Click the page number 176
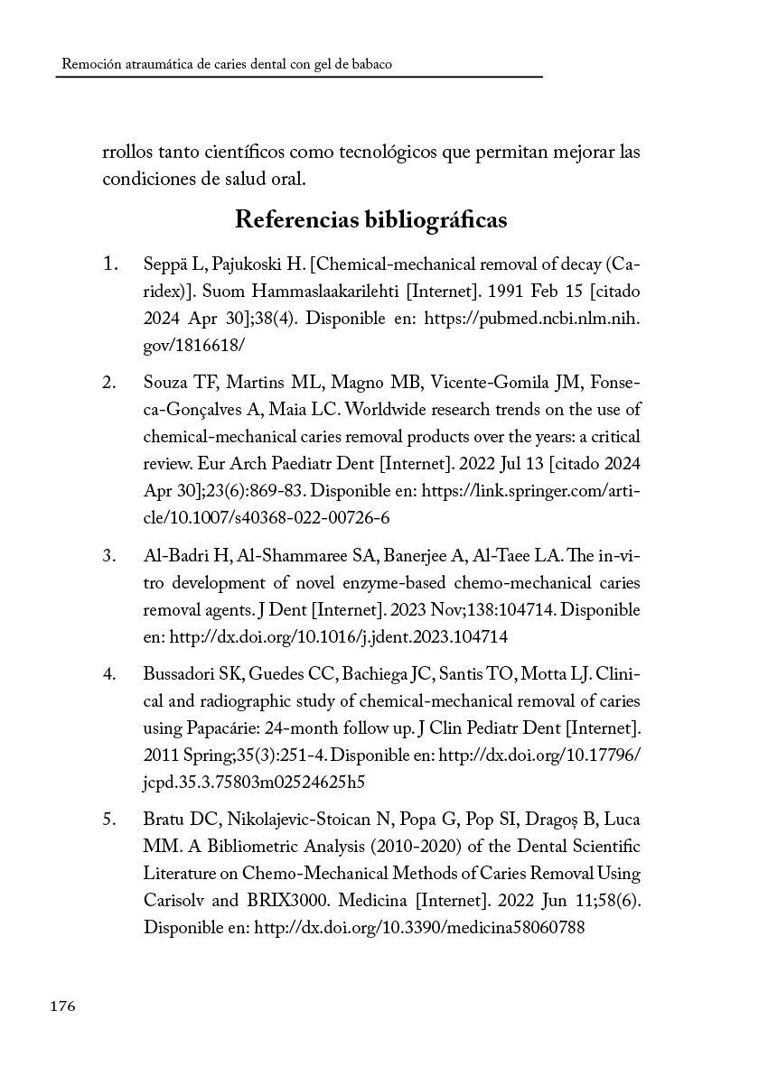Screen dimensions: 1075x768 (63, 1006)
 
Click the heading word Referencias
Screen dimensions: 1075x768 (295, 219)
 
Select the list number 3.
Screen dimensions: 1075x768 (109, 555)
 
